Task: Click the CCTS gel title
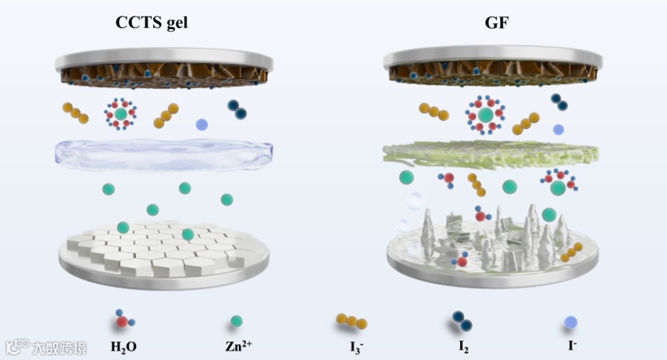coord(151,23)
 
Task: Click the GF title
coord(494,23)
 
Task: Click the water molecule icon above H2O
coord(124,320)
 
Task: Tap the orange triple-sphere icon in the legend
coord(351,321)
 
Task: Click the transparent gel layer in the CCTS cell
coord(164,155)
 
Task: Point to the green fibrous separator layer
coord(491,154)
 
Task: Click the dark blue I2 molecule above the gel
coord(237,109)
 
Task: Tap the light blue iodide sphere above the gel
coord(201,125)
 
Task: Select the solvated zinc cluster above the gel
coord(120,114)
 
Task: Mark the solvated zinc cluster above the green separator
coord(485,115)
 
